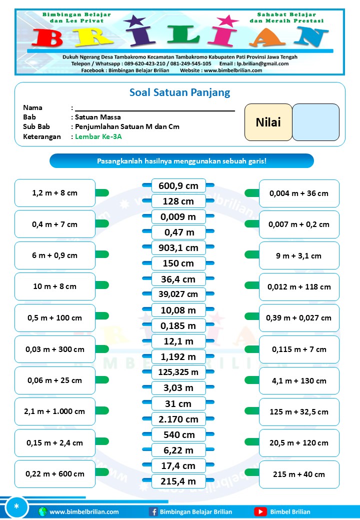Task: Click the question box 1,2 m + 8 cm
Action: [55, 193]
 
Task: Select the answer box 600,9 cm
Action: [178, 186]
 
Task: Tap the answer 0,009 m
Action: [178, 217]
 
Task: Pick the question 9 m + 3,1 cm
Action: [299, 255]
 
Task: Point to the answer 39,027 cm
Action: [178, 294]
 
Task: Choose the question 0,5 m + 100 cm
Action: [55, 318]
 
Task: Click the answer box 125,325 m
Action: [178, 372]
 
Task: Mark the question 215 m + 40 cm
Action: [299, 474]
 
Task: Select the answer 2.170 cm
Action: [178, 419]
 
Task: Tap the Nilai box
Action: [268, 122]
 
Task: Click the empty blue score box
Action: [315, 122]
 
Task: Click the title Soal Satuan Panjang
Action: [180, 92]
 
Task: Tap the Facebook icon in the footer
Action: [153, 511]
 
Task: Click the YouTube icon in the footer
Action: [260, 511]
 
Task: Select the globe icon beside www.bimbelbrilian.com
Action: [42, 511]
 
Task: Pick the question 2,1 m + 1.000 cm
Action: [55, 411]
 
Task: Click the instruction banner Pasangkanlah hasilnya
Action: [181, 161]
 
